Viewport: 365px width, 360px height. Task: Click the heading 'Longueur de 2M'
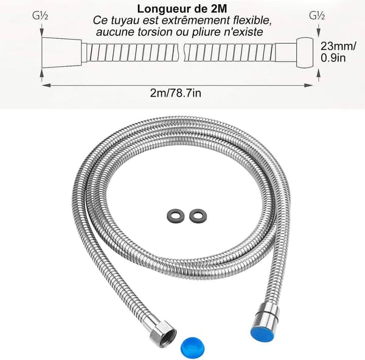point(182,9)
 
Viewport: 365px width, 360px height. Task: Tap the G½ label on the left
point(40,16)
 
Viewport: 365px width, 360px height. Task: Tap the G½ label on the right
point(317,16)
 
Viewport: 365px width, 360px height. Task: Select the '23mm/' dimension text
point(338,46)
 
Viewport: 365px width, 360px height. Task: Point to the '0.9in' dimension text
point(333,58)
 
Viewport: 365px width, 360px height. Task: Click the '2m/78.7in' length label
point(176,93)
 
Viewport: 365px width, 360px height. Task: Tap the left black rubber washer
point(176,215)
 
